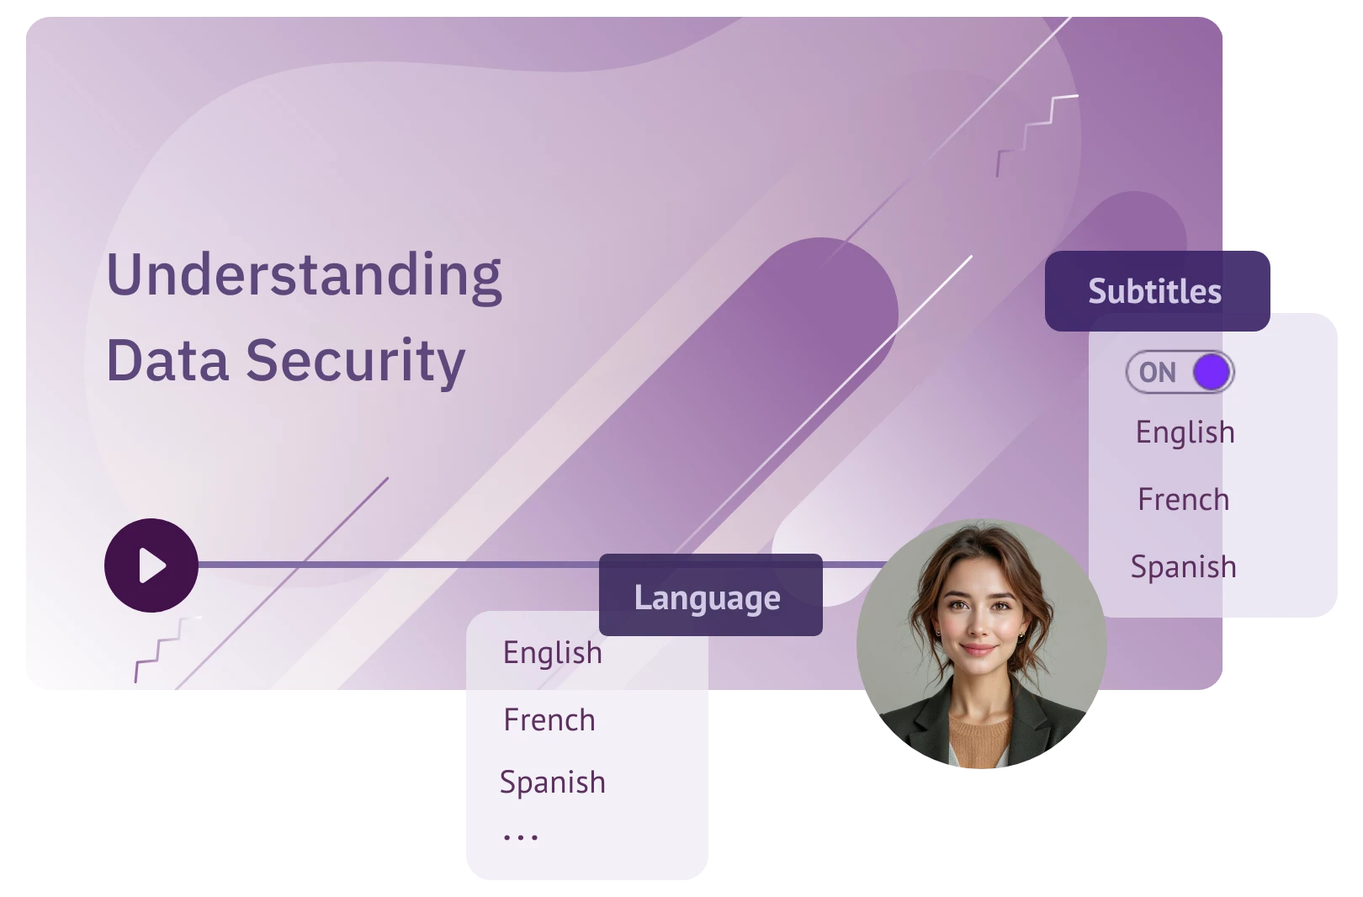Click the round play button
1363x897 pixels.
[151, 565]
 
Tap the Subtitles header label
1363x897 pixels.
[1154, 291]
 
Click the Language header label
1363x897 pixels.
[707, 597]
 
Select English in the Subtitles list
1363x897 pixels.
[1185, 433]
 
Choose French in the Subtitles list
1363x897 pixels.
[1184, 500]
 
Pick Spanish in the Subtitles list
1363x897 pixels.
[1184, 567]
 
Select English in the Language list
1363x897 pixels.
[553, 653]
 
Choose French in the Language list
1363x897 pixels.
[549, 720]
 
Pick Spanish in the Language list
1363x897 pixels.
[553, 782]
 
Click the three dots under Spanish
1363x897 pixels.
[521, 838]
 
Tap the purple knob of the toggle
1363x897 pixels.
[1212, 373]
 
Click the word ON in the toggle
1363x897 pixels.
[1158, 373]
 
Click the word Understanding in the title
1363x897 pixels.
[305, 276]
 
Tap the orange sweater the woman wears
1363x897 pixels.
[979, 740]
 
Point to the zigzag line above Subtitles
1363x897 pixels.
[1037, 135]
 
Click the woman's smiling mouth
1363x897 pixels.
[978, 650]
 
